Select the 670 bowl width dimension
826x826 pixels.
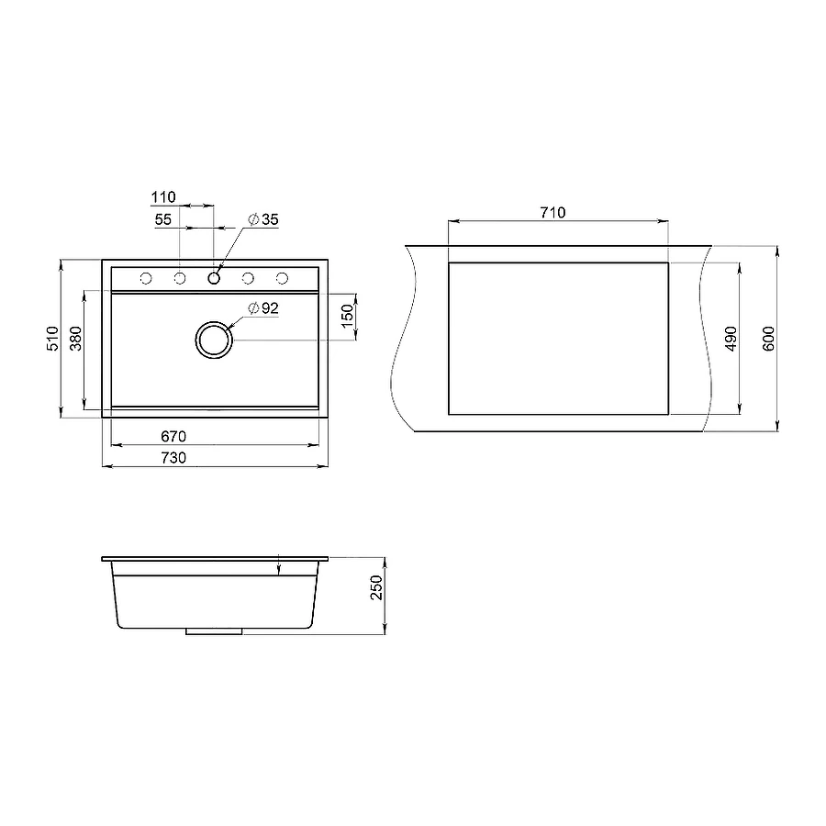coord(174,436)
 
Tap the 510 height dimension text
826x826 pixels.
coord(52,339)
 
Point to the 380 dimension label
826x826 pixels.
coord(76,339)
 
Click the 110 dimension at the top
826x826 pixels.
coord(162,197)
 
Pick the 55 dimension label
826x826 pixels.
coord(162,219)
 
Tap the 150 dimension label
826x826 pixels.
coord(346,316)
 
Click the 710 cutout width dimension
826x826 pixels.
coord(552,212)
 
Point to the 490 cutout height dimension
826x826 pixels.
coord(731,339)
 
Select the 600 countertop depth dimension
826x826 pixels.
coord(769,339)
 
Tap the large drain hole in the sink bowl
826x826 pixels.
coord(214,339)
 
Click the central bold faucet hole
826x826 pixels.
coord(214,278)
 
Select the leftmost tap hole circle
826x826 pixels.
coord(145,278)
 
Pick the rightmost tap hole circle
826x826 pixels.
coord(283,278)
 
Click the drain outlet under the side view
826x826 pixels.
coord(214,631)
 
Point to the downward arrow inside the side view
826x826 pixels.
coord(278,569)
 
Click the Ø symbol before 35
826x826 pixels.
coord(252,219)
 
